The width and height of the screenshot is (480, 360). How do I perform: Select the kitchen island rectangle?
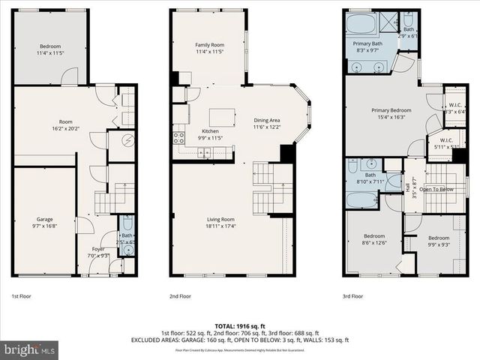pos(219,116)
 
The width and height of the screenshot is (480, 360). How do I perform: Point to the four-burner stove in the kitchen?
pos(179,137)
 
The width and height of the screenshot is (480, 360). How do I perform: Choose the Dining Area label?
pos(266,124)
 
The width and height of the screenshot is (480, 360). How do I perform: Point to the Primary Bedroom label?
pos(388,113)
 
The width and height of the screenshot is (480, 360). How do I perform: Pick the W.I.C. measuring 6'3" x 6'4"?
pos(454,108)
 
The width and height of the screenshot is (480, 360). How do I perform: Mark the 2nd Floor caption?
pos(181,296)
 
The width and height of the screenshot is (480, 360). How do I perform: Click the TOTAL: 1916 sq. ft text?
pos(240,325)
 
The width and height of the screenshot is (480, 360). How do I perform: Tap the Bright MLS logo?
pos(29,349)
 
